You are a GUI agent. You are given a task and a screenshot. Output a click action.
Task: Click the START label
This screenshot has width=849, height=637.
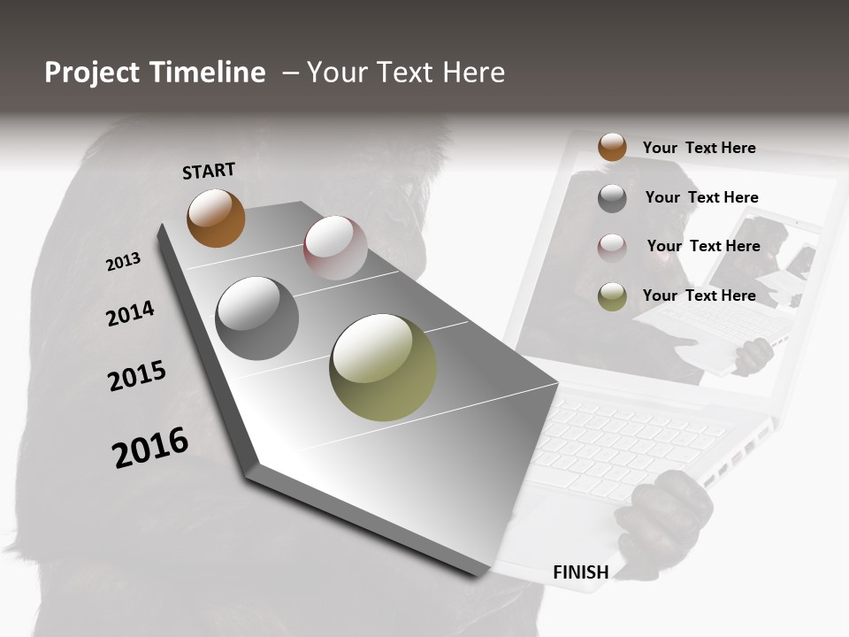point(209,171)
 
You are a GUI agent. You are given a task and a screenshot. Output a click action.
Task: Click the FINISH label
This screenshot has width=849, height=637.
point(580,572)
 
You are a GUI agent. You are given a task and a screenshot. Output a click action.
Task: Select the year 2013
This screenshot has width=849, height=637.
point(123,262)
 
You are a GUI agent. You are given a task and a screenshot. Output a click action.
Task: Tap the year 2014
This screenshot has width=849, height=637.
point(130,313)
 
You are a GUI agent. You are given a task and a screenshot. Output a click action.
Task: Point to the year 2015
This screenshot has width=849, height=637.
point(137,376)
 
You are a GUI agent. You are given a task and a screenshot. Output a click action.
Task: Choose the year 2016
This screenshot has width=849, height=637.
point(150,447)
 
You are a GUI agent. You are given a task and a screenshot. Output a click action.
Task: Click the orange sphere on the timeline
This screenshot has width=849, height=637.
point(216,218)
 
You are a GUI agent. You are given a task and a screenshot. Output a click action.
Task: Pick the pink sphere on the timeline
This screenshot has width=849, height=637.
point(335,247)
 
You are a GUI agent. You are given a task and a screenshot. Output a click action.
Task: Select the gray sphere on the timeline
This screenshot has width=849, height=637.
point(256,318)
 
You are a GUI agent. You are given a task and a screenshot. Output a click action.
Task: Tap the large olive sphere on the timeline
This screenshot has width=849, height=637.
point(383,367)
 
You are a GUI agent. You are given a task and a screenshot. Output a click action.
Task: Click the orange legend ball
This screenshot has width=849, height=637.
point(612,147)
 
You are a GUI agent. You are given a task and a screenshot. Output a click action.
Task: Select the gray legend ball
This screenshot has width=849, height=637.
point(612,198)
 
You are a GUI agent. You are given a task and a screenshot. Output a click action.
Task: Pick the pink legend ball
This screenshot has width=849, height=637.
point(612,247)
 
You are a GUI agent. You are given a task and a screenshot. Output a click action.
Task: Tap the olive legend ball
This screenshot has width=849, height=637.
point(612,296)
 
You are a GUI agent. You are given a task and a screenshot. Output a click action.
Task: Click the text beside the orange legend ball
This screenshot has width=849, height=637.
point(699,148)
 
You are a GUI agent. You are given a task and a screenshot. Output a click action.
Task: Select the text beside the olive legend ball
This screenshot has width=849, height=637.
point(699,295)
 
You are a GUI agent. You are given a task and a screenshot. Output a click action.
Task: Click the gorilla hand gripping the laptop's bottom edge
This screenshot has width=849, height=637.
point(665,513)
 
